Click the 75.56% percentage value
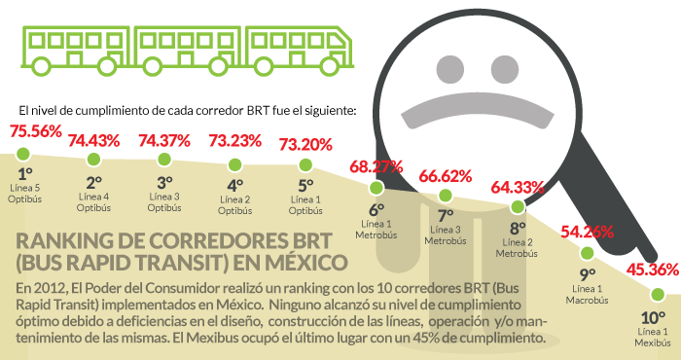[36, 131]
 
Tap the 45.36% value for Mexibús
[652, 270]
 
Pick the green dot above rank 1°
[26, 153]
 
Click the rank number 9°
[588, 274]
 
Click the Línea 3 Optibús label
[164, 201]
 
